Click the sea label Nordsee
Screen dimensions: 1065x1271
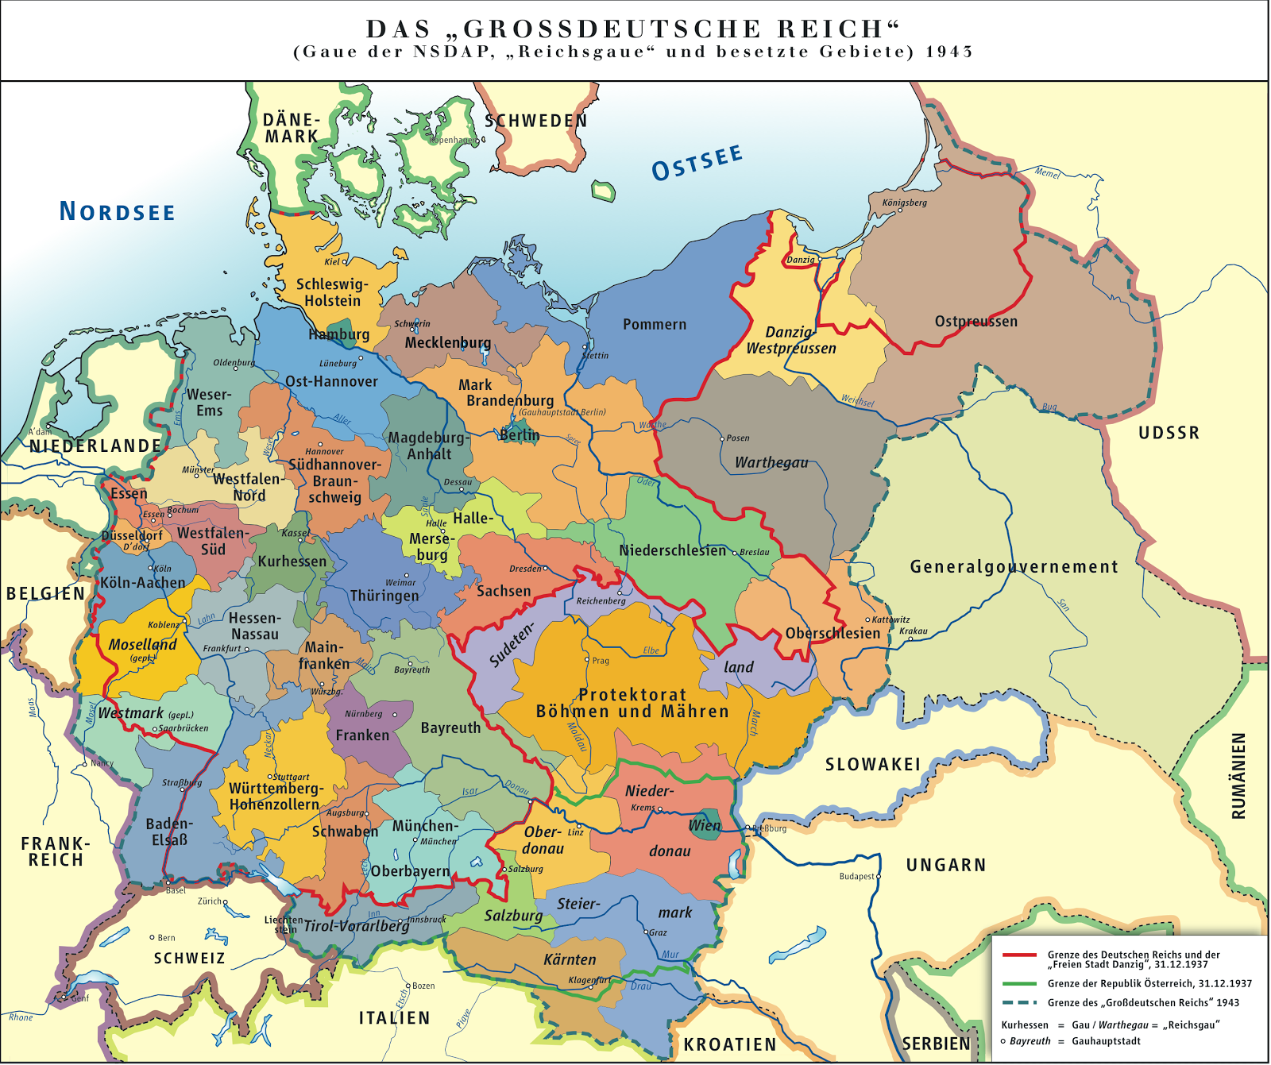[118, 211]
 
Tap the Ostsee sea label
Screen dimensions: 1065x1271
[697, 163]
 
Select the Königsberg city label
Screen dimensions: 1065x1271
[904, 203]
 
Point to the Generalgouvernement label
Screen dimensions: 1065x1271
[1014, 567]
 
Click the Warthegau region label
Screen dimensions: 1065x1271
[771, 462]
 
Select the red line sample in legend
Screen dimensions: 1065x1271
[1019, 955]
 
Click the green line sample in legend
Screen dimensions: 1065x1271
[1019, 983]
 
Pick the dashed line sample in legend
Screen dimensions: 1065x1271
[1019, 1002]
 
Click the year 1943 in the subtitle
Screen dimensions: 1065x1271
[949, 52]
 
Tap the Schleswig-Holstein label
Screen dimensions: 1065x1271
[332, 292]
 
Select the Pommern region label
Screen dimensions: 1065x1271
[655, 324]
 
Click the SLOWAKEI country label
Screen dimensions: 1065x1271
[873, 764]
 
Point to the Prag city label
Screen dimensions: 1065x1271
[601, 661]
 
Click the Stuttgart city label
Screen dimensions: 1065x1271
[292, 777]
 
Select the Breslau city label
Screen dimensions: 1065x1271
[755, 552]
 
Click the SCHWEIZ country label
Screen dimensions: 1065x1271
[189, 959]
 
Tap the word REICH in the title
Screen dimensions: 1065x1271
[838, 29]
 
